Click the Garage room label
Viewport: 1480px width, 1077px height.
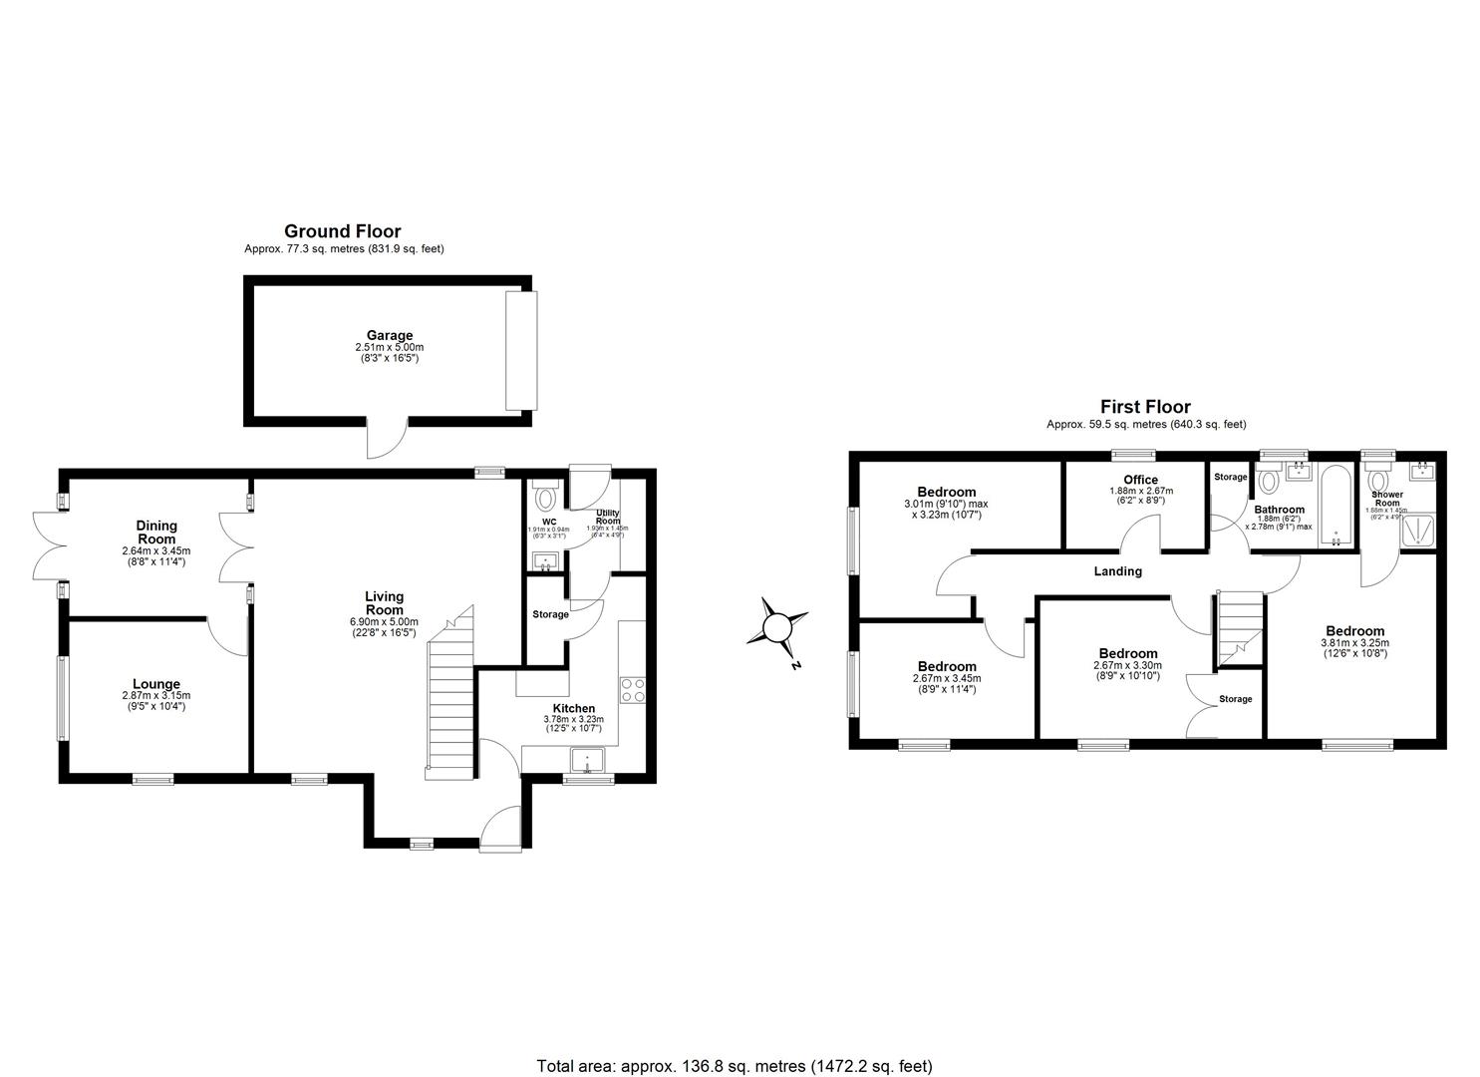pos(389,336)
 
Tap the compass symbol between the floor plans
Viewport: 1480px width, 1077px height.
pos(778,629)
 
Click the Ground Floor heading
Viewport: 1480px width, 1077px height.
pos(342,231)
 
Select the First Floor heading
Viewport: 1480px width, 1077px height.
pos(1145,407)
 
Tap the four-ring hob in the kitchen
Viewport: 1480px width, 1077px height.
pos(632,690)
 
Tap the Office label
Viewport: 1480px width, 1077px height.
pos(1140,480)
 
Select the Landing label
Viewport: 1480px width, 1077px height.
pos(1117,571)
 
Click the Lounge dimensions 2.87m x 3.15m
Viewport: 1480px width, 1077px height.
pos(156,696)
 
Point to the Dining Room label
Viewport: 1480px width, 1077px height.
pos(156,532)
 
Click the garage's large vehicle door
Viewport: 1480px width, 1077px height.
pos(520,350)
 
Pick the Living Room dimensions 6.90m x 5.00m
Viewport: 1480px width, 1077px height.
pos(384,621)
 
